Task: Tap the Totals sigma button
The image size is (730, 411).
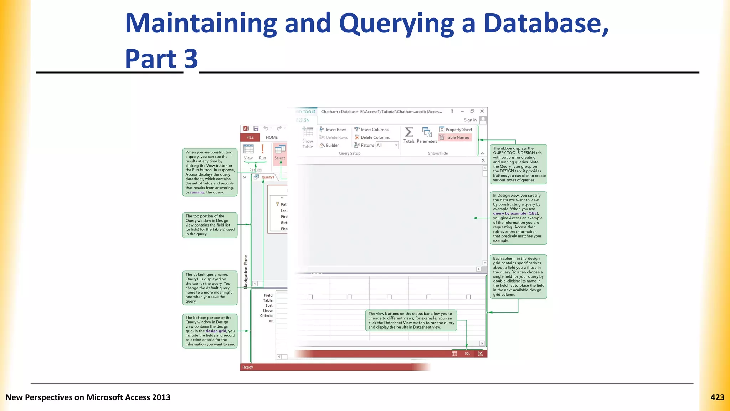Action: [409, 135]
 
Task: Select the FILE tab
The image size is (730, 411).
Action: [250, 137]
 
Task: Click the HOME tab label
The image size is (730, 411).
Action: [272, 137]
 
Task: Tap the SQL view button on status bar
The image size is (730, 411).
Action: [467, 354]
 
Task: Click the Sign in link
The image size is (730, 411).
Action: [470, 120]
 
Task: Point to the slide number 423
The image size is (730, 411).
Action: [717, 397]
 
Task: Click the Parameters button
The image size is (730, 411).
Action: [427, 135]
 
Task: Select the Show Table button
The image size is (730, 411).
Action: [308, 138]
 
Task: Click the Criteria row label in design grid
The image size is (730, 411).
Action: [267, 316]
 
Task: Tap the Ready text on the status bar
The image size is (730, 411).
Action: [248, 367]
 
